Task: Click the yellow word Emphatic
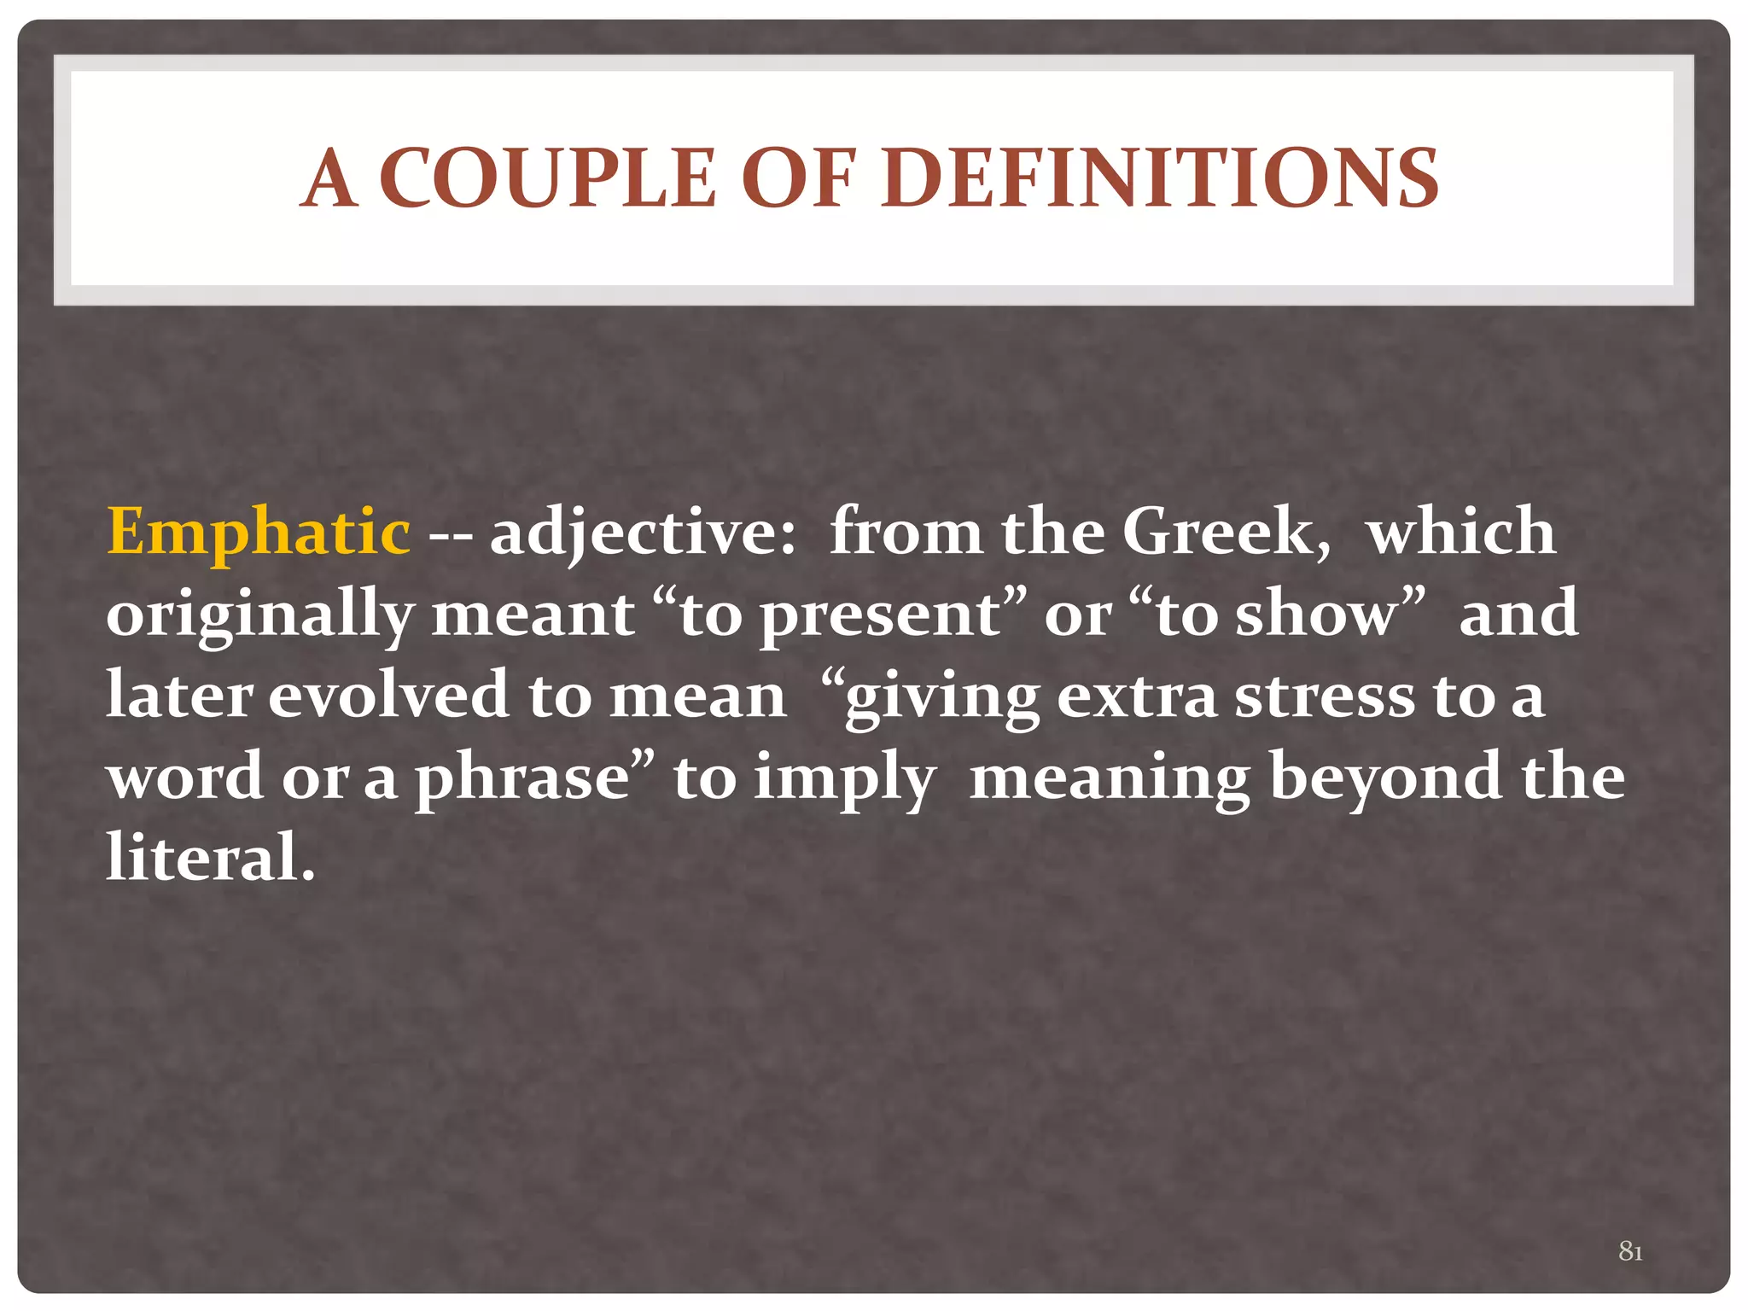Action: (258, 532)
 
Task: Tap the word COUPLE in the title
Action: (547, 178)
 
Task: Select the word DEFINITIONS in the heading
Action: (1160, 178)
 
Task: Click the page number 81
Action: (1630, 1251)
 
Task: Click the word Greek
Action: (1224, 532)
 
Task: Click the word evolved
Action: (389, 695)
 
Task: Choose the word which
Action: (1461, 532)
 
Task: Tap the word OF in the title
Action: (798, 178)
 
